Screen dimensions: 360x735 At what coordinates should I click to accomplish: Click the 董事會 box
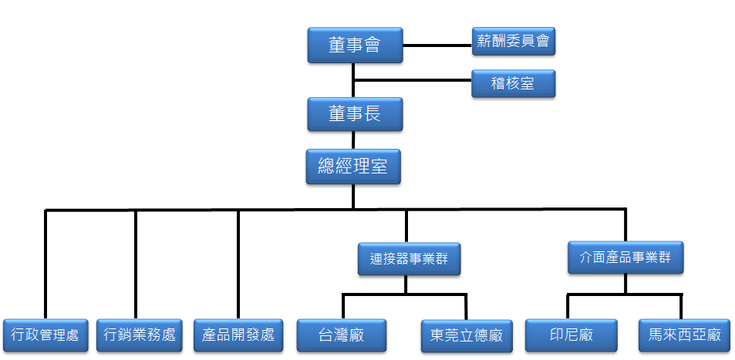(354, 45)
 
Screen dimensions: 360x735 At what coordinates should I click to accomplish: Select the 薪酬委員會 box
(513, 42)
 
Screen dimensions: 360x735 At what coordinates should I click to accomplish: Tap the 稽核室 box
(513, 83)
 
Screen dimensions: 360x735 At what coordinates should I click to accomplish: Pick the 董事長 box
(354, 114)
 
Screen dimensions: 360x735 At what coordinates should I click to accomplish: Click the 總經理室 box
(353, 167)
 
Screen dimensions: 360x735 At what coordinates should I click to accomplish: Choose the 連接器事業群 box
(409, 259)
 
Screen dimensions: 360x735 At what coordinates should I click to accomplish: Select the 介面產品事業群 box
(625, 257)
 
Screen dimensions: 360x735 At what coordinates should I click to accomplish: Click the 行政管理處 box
(46, 335)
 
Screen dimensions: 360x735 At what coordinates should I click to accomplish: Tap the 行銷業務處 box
(140, 335)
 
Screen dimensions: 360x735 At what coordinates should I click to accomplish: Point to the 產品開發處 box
(238, 335)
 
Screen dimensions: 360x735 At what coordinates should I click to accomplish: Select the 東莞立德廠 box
(467, 335)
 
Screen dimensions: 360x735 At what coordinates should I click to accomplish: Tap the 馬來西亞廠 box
(684, 335)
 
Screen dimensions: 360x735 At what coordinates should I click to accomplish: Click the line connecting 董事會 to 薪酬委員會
(437, 45)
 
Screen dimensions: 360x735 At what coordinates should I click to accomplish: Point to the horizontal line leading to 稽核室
(413, 79)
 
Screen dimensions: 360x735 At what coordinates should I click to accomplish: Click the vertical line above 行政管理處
(46, 262)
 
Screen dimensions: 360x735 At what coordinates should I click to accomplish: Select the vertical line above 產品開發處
(238, 262)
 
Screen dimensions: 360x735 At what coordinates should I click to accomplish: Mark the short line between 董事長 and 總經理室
(353, 140)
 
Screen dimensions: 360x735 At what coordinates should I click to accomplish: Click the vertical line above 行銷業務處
(136, 262)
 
